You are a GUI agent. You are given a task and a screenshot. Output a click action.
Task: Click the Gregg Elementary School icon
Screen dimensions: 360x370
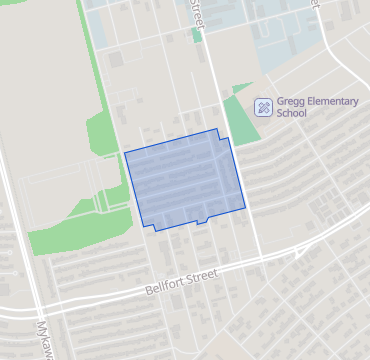coord(263,105)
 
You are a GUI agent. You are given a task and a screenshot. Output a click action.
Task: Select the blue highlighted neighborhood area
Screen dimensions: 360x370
coord(185,180)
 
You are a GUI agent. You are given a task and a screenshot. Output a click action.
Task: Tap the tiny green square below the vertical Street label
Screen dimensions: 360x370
coord(197,35)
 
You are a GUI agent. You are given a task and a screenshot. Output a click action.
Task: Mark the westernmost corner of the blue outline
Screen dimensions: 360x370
coord(125,153)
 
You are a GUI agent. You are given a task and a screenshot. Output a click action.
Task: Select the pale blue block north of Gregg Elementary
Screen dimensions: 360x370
coord(290,50)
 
